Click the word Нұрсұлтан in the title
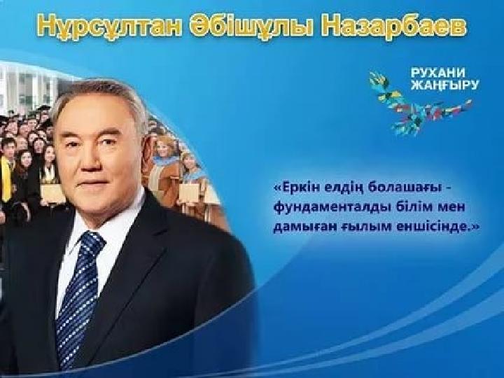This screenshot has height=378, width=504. (x=109, y=27)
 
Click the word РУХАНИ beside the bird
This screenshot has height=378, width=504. (x=437, y=73)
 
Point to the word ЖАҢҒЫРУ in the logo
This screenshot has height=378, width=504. (x=445, y=85)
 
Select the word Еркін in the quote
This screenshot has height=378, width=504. (x=292, y=187)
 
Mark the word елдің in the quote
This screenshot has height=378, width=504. (x=339, y=188)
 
